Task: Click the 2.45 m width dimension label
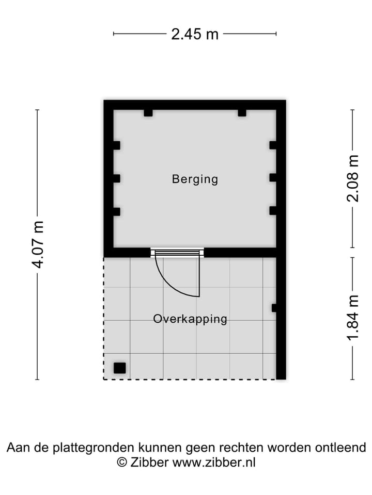(x=195, y=34)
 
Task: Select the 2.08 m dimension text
(x=352, y=178)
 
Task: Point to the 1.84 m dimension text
(x=352, y=318)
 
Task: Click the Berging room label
(x=195, y=179)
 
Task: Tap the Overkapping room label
(x=190, y=319)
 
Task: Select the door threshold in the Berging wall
(x=177, y=252)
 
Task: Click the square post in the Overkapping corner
(x=119, y=368)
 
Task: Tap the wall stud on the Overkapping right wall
(x=274, y=308)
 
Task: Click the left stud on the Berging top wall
(x=148, y=112)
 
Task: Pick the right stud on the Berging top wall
(x=242, y=112)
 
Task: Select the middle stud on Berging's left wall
(x=116, y=178)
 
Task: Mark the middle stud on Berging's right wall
(x=273, y=178)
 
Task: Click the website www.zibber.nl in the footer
(x=213, y=462)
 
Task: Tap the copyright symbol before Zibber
(x=122, y=462)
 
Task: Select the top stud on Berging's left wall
(x=116, y=145)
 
